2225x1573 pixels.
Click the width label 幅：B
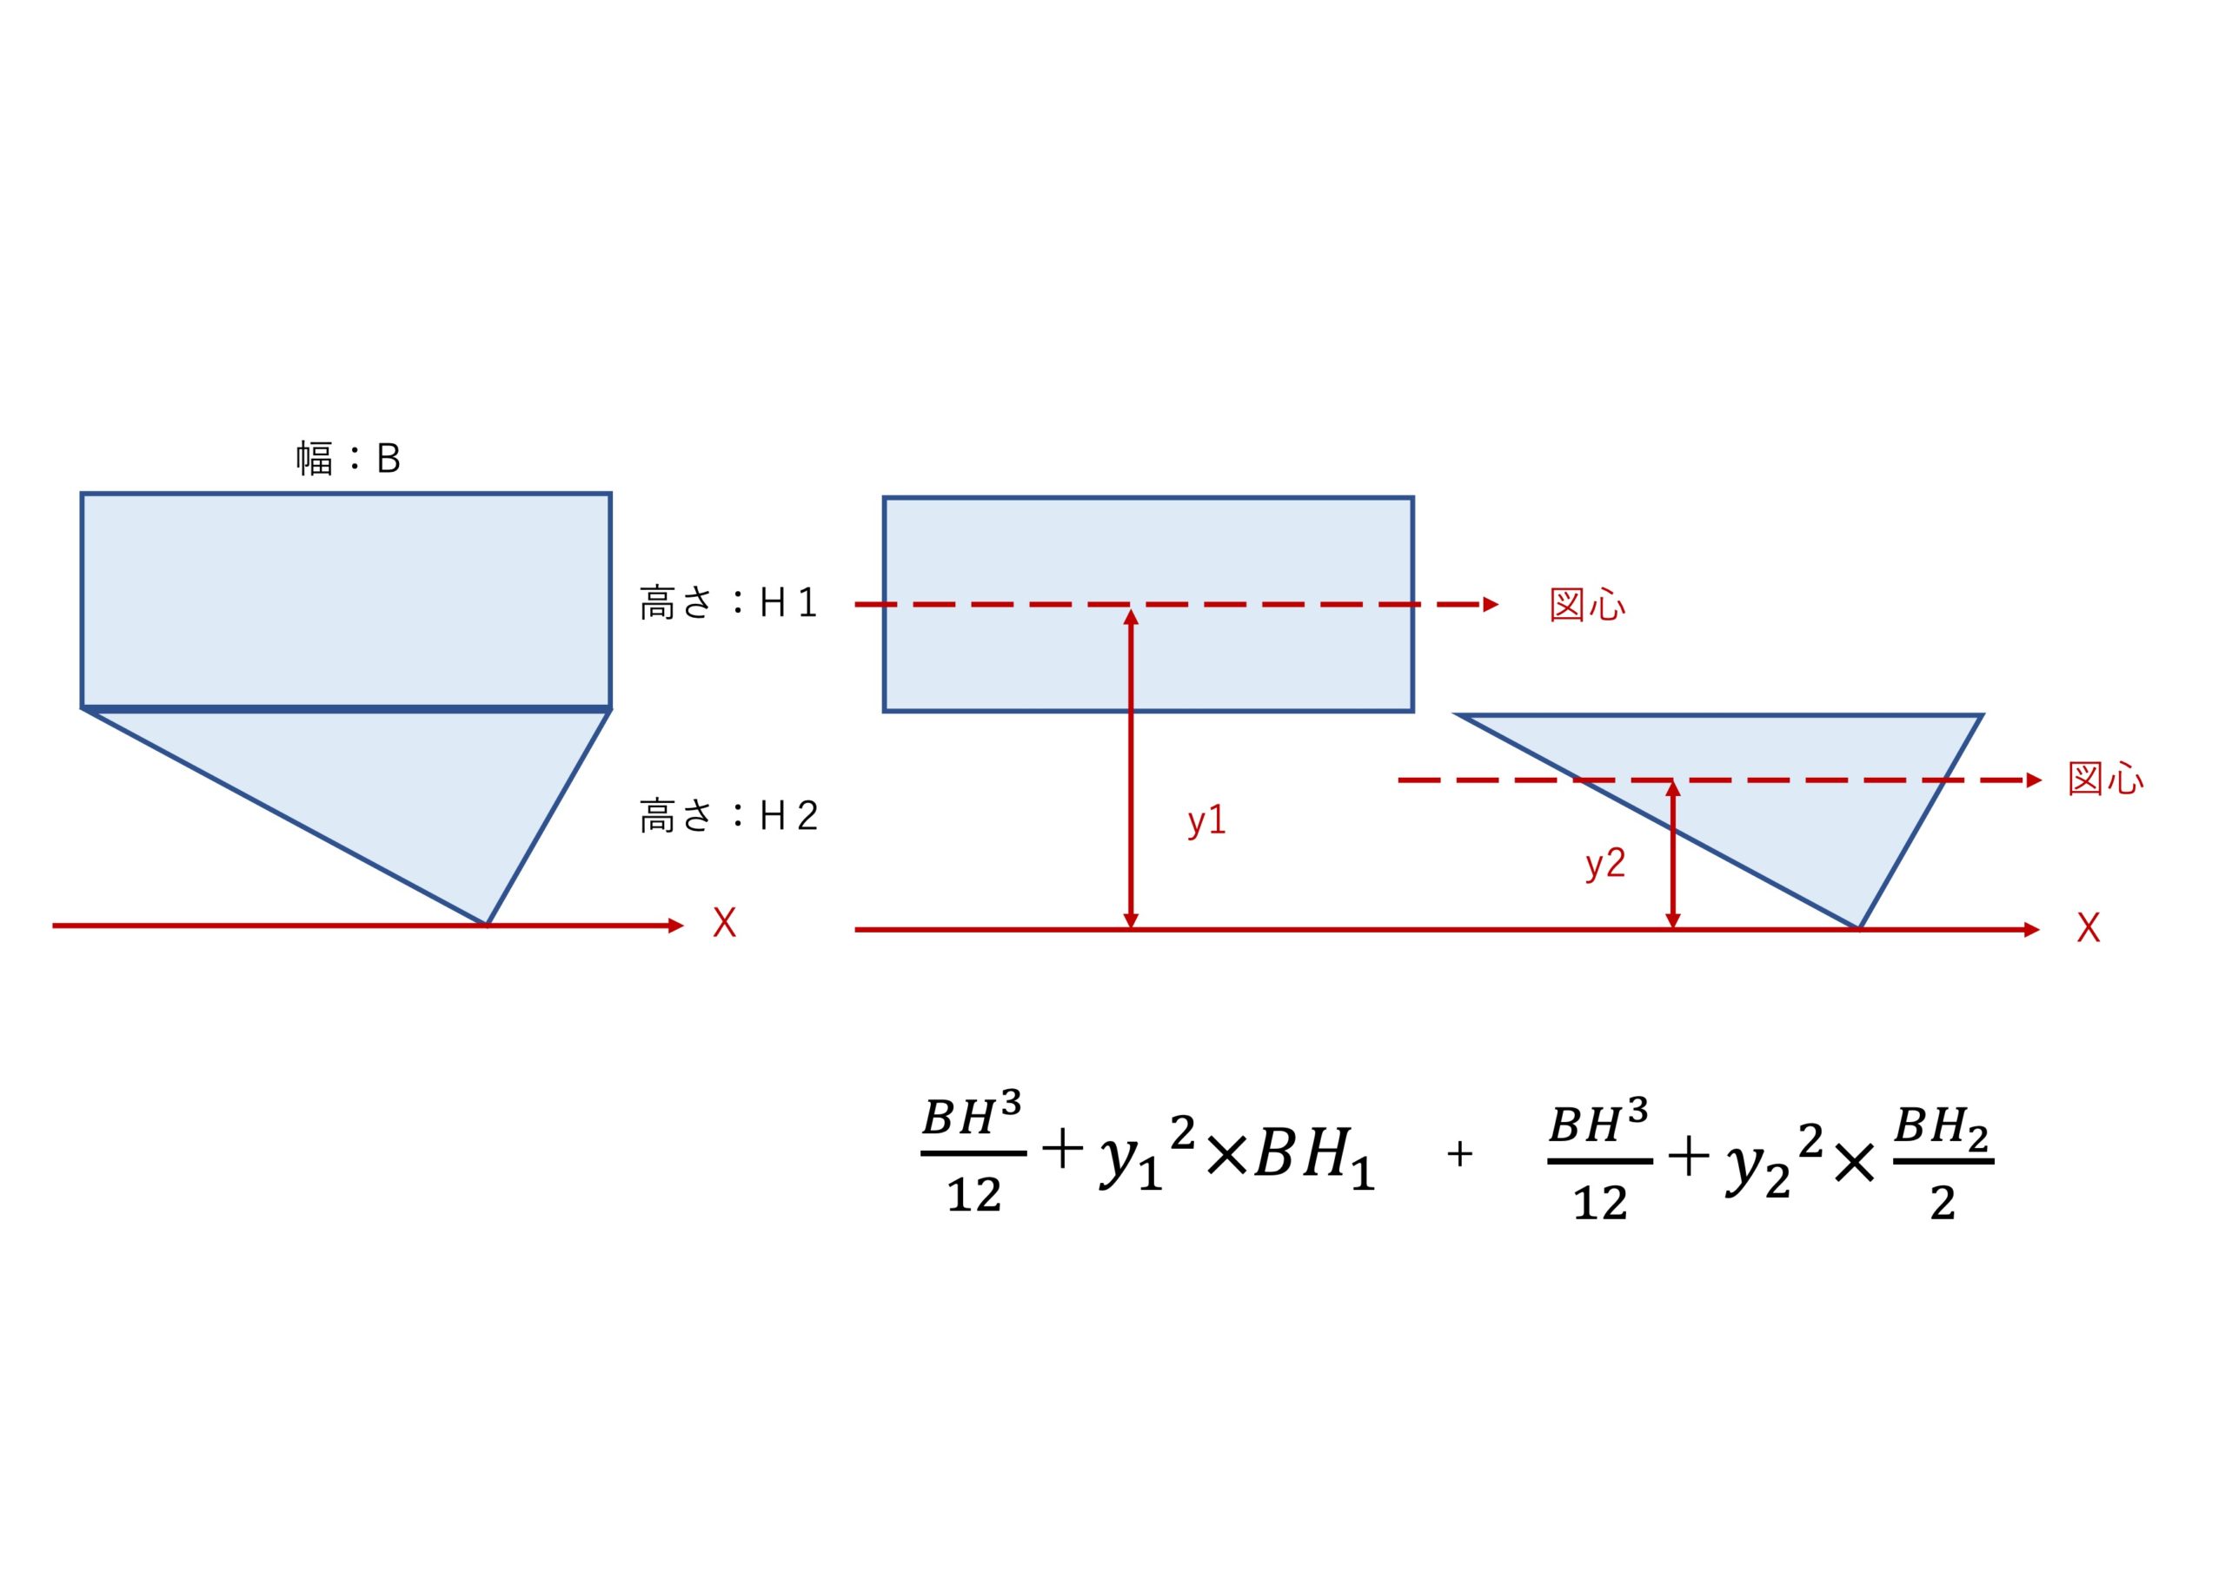[348, 458]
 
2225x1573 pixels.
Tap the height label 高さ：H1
[728, 603]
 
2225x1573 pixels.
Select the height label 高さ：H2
[728, 816]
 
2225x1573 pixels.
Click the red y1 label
[1207, 821]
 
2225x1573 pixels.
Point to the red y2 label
[1604, 864]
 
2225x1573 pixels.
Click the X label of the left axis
[724, 923]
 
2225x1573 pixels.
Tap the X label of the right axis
[2089, 927]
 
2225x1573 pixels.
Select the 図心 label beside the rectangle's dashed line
[1587, 605]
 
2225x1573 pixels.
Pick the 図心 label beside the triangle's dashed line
[2106, 780]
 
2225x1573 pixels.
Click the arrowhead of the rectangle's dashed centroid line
[1491, 605]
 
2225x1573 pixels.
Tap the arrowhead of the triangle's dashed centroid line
[2034, 780]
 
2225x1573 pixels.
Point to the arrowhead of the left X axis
[676, 926]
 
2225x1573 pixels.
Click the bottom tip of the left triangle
[486, 924]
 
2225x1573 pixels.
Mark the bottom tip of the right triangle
[1859, 927]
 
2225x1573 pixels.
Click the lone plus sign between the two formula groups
[1459, 1153]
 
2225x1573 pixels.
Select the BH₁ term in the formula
[1314, 1158]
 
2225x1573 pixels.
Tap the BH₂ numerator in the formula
[1941, 1129]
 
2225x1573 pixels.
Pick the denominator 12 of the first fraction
[974, 1195]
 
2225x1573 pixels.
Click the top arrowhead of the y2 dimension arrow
[1672, 789]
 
